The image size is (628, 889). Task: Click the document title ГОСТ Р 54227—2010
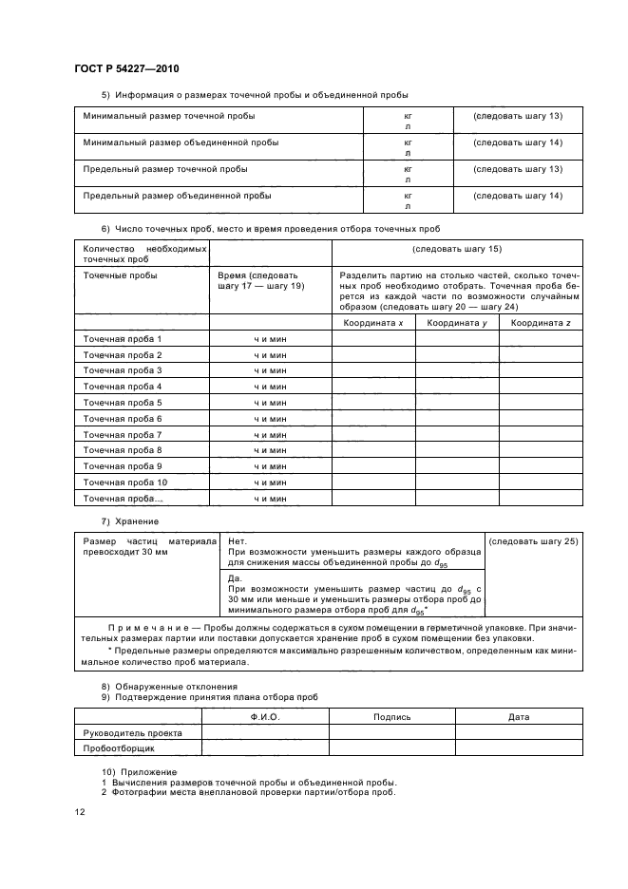coord(126,70)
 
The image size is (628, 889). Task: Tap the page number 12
coord(79,812)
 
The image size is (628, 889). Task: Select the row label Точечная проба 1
coord(123,339)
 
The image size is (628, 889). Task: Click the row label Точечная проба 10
coord(125,482)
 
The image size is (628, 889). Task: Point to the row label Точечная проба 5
coord(123,403)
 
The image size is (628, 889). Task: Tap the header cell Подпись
coord(392,716)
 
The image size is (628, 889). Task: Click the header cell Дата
coord(519,716)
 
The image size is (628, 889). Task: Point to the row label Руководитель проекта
coord(133,732)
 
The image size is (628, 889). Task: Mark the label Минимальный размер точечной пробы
coord(169,116)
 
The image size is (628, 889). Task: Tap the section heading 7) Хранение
coord(130,521)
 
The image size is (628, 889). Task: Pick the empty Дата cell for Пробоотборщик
coord(519,748)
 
